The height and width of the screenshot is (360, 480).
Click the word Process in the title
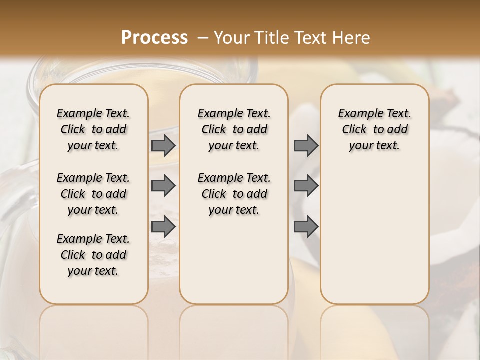coord(154,38)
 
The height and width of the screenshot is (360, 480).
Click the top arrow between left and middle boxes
coord(163,146)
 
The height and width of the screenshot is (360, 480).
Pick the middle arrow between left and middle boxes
coord(163,186)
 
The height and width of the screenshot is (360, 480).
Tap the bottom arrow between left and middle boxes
coord(163,226)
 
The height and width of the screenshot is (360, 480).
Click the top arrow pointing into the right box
coord(306,146)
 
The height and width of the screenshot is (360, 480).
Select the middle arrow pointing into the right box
coord(306,186)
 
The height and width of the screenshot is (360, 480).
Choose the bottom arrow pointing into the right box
coord(306,226)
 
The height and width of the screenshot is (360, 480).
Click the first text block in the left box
coord(93,129)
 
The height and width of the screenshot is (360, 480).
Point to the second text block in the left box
coord(93,194)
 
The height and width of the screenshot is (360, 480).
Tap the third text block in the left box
coord(93,255)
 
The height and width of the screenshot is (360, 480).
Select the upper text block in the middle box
coord(234,129)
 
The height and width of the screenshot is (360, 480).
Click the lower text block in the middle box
coord(234,194)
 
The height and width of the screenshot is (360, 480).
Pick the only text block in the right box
coord(374,129)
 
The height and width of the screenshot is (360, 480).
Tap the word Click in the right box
coord(354,130)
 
